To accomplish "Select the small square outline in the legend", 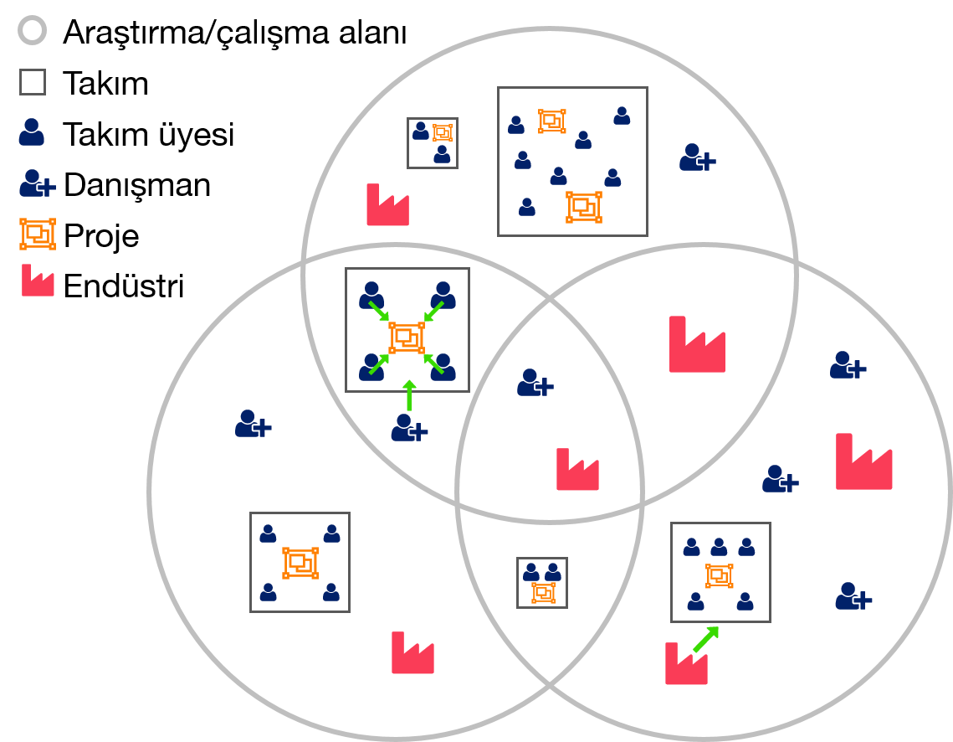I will click(x=33, y=82).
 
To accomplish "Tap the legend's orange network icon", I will click(x=38, y=234).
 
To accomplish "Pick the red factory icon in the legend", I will click(x=38, y=281).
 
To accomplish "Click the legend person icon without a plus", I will click(x=32, y=132).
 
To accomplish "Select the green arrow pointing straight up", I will click(x=409, y=395).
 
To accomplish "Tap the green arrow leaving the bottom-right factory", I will click(x=705, y=639).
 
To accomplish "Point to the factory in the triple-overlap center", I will click(x=577, y=470).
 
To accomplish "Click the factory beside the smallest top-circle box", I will click(x=387, y=205).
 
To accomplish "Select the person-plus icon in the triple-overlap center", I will click(x=535, y=383).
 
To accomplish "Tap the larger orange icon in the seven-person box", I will click(x=583, y=207).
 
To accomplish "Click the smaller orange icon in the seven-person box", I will click(x=552, y=121).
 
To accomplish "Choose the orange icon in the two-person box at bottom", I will click(x=543, y=593).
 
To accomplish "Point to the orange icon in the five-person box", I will click(x=720, y=576).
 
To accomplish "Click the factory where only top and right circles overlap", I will click(x=697, y=345).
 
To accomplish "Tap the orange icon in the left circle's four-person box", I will click(x=300, y=564).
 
